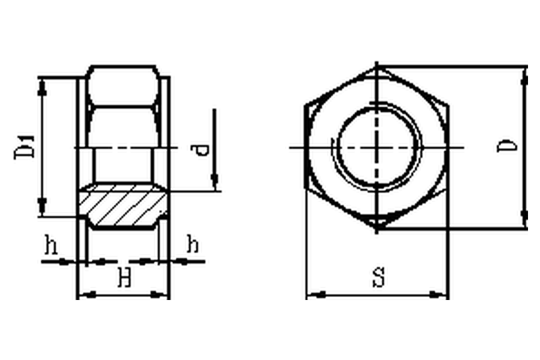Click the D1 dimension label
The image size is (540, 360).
point(25,147)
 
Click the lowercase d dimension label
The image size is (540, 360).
point(200,150)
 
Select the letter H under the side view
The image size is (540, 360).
point(125,278)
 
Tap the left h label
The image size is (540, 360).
point(50,245)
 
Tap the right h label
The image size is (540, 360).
point(193,244)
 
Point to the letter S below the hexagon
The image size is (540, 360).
point(379,277)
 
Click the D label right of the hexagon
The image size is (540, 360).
point(507,146)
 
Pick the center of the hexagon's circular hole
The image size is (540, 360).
point(377,148)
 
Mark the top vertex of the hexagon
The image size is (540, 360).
point(377,66)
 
